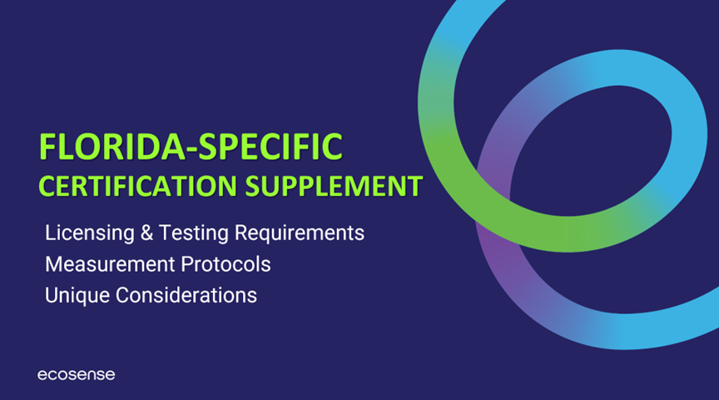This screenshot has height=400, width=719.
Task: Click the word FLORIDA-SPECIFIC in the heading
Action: point(191,147)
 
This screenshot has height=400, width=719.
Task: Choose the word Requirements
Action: point(288,232)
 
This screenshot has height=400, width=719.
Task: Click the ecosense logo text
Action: point(76,375)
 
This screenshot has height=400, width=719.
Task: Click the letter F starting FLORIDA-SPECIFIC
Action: point(48,147)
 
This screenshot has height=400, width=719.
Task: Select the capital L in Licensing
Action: point(50,232)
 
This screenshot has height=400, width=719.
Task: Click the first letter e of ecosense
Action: point(42,376)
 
